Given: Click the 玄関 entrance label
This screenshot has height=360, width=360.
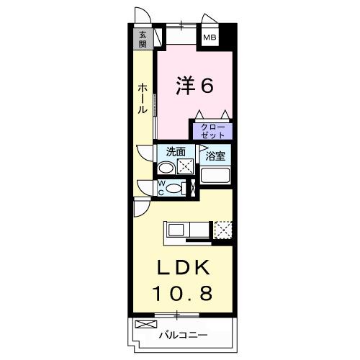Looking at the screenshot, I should [143, 38].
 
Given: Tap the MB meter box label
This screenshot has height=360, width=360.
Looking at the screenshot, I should [208, 37].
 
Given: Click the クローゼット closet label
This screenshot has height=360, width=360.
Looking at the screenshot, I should [211, 131].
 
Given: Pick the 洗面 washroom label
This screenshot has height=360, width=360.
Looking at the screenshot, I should [176, 152].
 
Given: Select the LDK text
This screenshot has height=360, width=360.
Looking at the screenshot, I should [184, 269].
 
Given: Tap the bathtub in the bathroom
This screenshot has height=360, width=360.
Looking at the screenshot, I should [215, 175].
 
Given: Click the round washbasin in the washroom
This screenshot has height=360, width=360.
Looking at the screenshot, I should [166, 168].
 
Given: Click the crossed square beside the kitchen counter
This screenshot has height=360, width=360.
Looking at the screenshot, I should [223, 230].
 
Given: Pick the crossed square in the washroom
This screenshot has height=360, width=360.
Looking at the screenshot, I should [186, 167].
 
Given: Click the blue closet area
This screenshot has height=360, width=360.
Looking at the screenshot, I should [211, 132].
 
